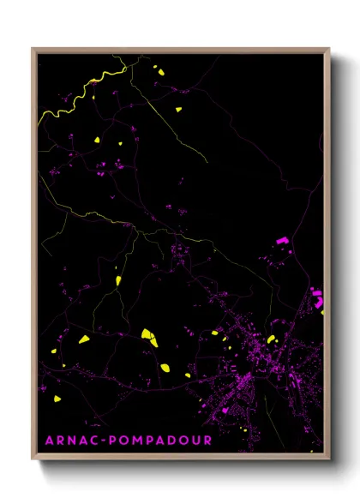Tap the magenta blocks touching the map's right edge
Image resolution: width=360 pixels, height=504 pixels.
pos(317,297)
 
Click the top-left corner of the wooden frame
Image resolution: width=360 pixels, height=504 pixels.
pos(33,50)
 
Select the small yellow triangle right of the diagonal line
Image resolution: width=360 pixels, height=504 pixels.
pos(178,109)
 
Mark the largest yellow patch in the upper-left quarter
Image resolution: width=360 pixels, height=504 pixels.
pos(97,140)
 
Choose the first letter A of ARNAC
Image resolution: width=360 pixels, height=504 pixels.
pos(48,440)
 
